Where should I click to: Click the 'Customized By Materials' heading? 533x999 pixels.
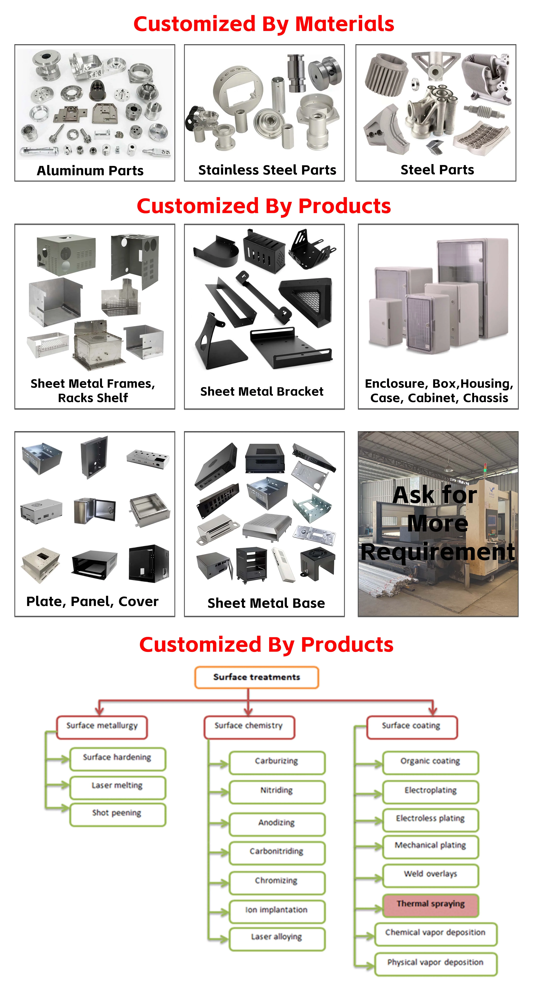[x=264, y=24]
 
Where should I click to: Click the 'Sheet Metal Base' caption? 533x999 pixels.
[x=266, y=603]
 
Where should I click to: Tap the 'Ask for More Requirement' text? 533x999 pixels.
[x=438, y=524]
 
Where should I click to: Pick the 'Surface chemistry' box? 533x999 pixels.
[x=249, y=726]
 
